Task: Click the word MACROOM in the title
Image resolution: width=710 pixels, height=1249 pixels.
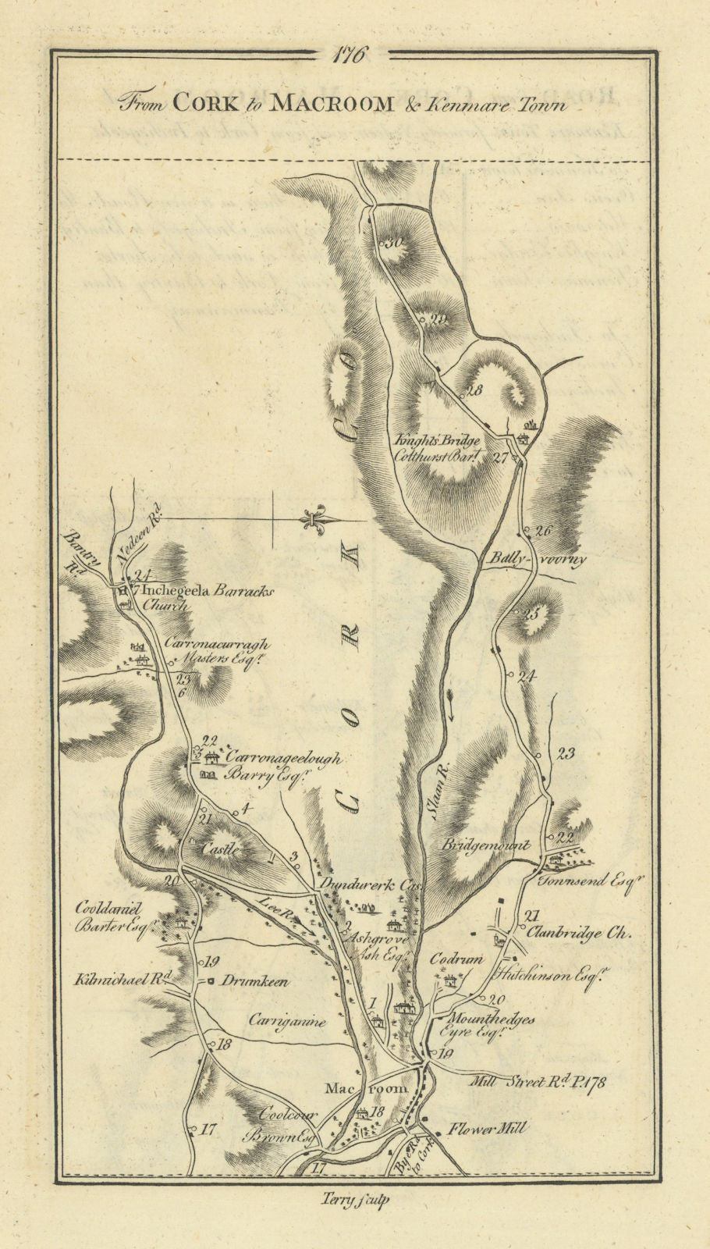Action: click(x=331, y=103)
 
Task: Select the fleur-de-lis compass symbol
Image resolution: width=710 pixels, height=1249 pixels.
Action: click(x=317, y=521)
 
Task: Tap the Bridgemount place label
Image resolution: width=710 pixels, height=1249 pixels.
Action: click(x=486, y=845)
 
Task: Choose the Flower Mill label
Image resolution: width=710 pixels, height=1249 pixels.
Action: click(x=488, y=1128)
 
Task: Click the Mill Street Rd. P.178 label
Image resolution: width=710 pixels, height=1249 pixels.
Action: click(x=540, y=1082)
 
